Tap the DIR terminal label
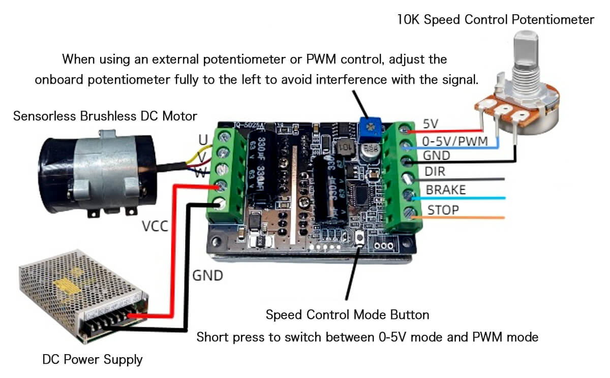pyautogui.click(x=435, y=172)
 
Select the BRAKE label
pyautogui.click(x=445, y=190)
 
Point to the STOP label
pyautogui.click(x=443, y=209)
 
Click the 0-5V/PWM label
pyautogui.click(x=455, y=140)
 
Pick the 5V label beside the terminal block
pyautogui.click(x=430, y=123)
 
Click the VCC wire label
pyautogui.click(x=155, y=226)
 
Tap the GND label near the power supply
pyautogui.click(x=207, y=275)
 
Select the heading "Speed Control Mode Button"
pyautogui.click(x=347, y=314)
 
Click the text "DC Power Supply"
pyautogui.click(x=92, y=360)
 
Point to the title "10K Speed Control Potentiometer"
pyautogui.click(x=496, y=20)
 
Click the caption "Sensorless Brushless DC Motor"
pyautogui.click(x=105, y=116)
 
